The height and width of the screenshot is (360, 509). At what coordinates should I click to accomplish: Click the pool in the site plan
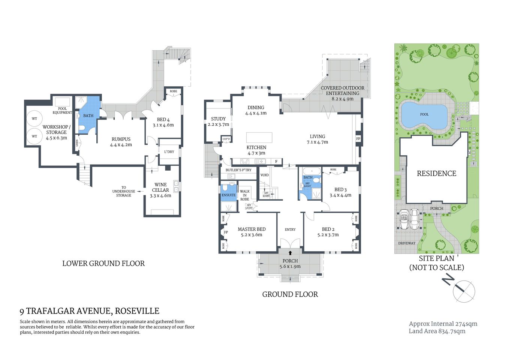point(424,115)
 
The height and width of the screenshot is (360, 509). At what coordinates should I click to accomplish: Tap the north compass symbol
point(464,291)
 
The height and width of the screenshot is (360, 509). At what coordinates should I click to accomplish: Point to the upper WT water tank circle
point(34,119)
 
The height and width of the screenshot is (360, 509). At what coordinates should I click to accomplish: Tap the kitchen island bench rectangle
point(259,137)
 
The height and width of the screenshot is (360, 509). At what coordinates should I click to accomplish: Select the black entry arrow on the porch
point(290,253)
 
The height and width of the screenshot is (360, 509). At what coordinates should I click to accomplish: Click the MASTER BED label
point(252,229)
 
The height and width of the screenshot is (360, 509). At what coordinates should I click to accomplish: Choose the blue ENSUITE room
point(228,191)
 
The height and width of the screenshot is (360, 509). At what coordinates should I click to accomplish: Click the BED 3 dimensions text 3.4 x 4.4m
point(340,195)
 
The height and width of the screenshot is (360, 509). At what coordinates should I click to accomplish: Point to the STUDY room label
point(218,119)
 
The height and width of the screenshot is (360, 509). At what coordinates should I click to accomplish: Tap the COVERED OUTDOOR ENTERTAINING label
point(342,90)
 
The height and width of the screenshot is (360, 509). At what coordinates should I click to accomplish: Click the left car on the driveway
point(404,219)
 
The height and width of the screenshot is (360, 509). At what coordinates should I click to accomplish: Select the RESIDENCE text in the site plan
point(436,174)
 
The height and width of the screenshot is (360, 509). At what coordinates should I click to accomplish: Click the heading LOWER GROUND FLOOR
point(103,264)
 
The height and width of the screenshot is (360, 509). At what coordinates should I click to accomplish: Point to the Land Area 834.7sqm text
point(437,331)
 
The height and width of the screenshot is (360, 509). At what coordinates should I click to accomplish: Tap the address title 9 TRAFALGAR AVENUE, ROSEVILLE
point(90,311)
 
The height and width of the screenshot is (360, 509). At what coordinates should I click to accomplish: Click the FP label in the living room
point(358,139)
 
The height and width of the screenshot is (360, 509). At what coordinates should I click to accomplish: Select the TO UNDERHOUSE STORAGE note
point(124,191)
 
